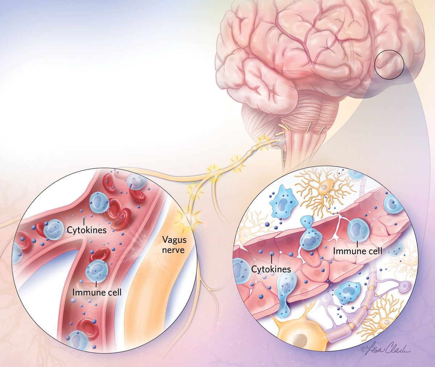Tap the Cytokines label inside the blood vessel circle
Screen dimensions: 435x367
click(x=87, y=230)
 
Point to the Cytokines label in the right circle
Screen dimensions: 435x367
click(x=271, y=269)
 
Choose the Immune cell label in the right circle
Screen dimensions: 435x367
click(x=357, y=251)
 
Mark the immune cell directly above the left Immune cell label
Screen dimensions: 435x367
click(x=96, y=269)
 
